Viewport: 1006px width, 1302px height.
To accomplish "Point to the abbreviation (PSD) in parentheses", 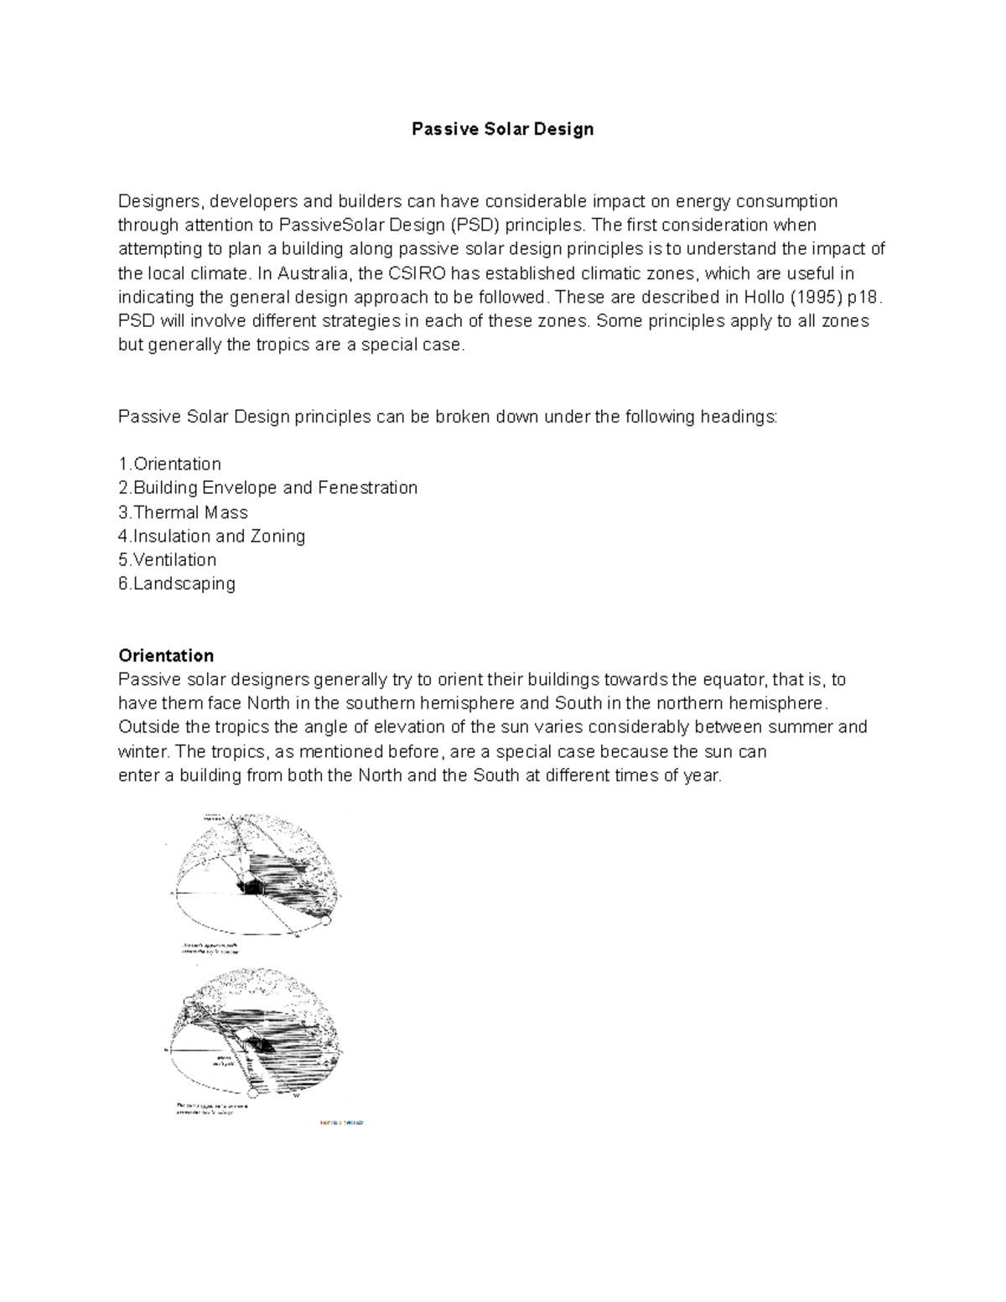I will (x=475, y=225).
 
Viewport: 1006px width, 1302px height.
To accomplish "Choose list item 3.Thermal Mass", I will (x=183, y=511).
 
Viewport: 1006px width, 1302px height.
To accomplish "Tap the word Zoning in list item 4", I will (x=277, y=536).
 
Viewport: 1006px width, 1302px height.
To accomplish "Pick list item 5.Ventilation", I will (x=168, y=559).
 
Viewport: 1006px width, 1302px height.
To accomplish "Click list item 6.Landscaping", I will (x=177, y=584).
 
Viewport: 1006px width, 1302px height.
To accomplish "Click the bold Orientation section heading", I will (x=166, y=655).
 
